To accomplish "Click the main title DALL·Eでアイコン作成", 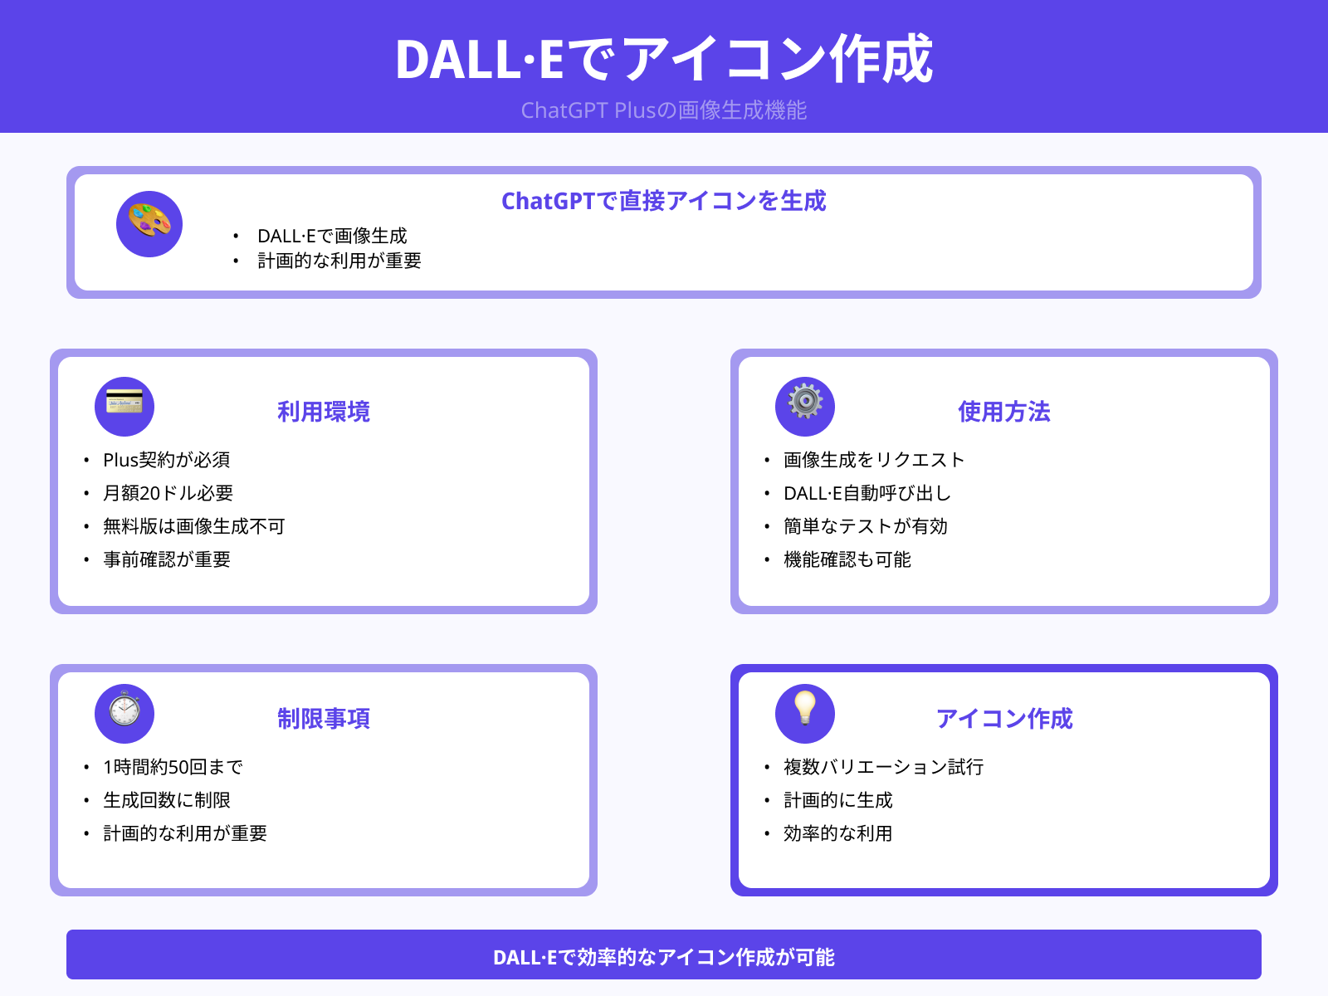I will pos(664,60).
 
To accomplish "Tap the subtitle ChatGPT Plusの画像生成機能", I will pos(664,110).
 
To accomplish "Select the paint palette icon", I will pos(149,224).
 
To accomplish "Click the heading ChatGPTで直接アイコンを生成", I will pos(664,201).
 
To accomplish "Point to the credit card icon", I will pos(124,407).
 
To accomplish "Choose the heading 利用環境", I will pos(324,412).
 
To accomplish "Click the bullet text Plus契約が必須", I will pos(167,460).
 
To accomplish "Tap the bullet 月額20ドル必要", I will pos(168,493).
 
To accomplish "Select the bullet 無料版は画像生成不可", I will pos(194,526).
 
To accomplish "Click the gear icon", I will pos(805,407).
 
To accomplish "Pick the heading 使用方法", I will pos(1004,412).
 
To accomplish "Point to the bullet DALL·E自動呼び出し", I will pos(867,493).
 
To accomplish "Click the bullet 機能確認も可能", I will pos(847,559).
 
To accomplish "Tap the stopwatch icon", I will pos(124,714).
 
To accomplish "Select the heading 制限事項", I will pos(324,719).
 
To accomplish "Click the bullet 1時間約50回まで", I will pos(173,767).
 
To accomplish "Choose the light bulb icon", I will pos(805,714).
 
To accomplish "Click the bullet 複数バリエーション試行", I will pos(884,767).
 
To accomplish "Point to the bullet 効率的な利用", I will pos(838,833).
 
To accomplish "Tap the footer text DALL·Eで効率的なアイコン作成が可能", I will pos(664,957).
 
